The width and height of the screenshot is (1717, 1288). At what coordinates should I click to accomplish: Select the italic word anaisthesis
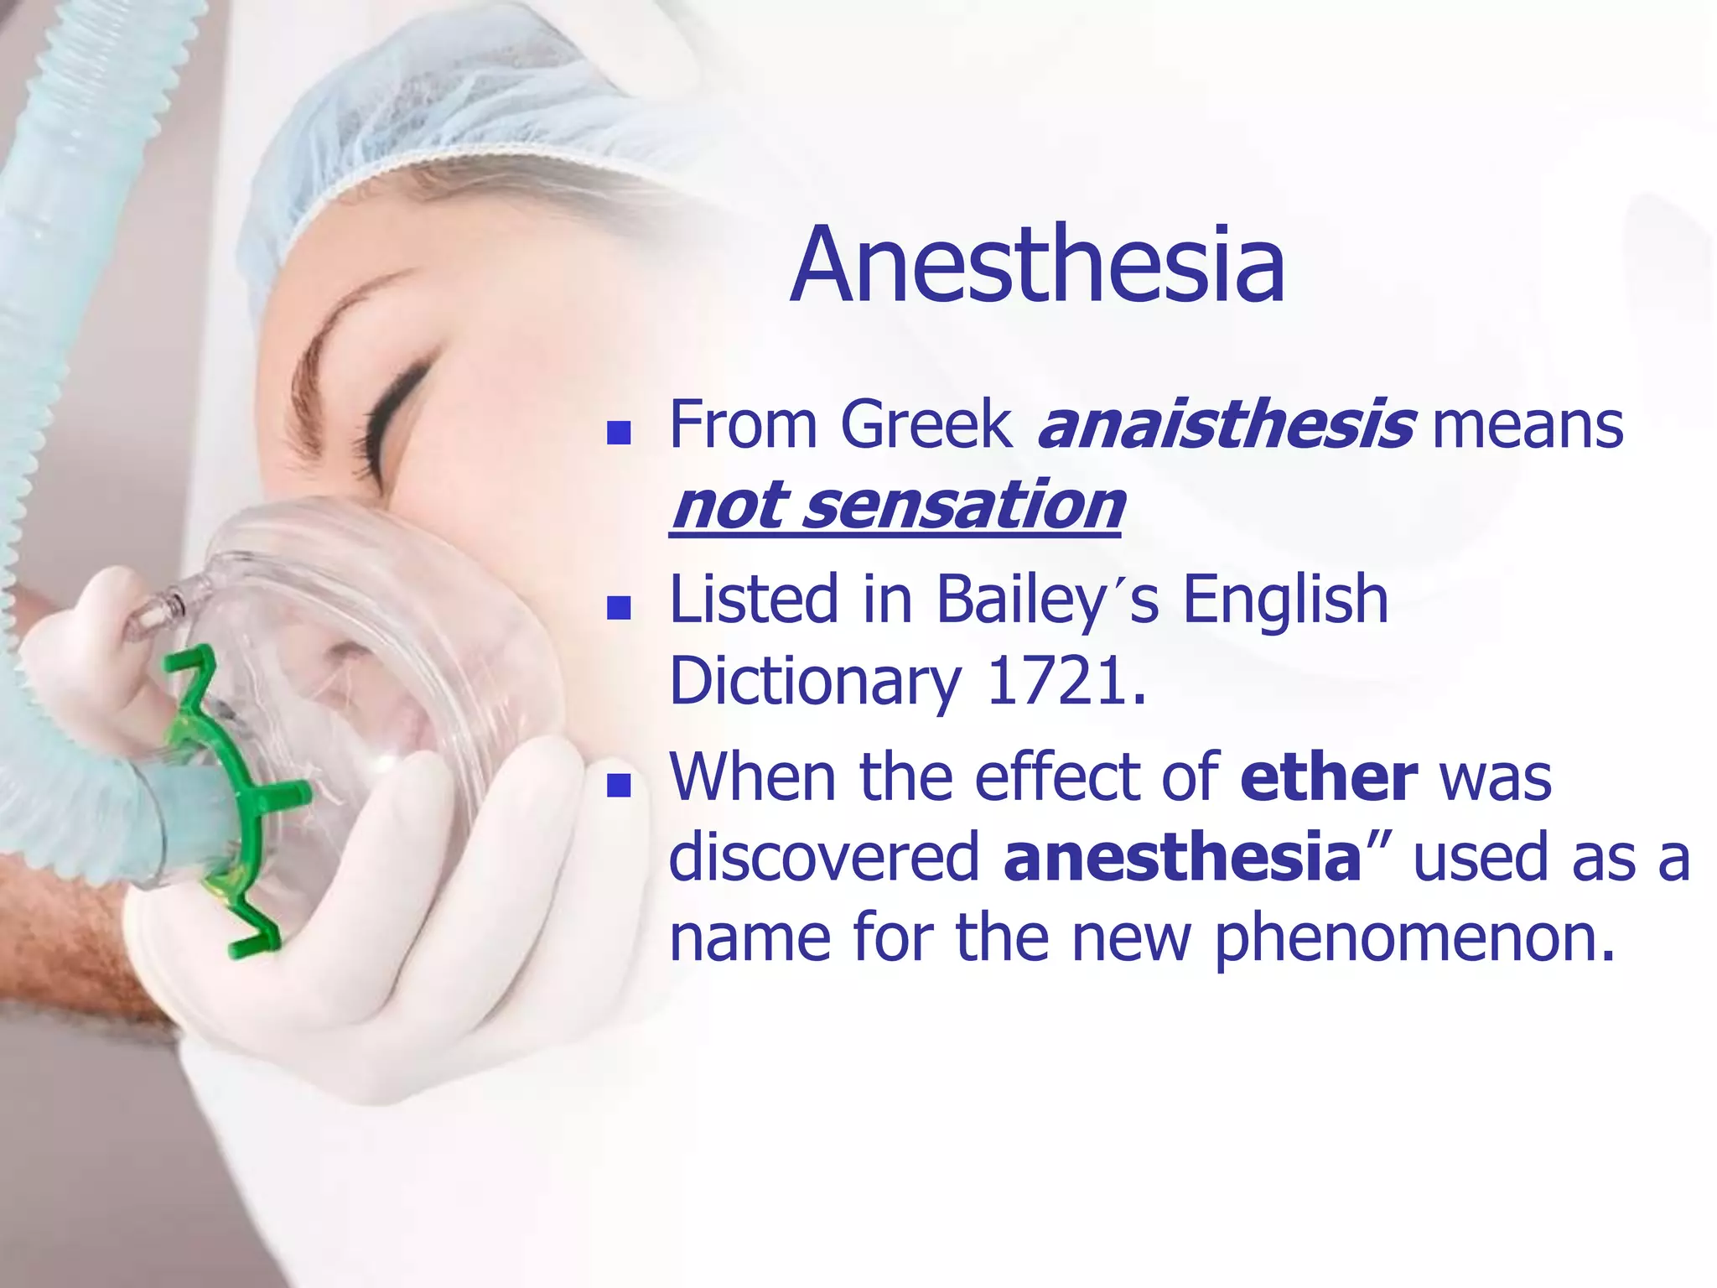pos(1226,425)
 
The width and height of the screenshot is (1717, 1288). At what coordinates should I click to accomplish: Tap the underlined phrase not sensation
pos(896,506)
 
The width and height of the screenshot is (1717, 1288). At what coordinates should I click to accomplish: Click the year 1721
pos(1066,681)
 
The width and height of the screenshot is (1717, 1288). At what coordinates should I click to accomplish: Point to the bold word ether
pos(1329,777)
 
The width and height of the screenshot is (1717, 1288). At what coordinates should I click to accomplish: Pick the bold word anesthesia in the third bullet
pos(1182,857)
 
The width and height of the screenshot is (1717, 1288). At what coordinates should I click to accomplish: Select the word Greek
pos(926,425)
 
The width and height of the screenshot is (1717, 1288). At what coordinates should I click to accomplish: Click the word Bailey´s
pos(1047,600)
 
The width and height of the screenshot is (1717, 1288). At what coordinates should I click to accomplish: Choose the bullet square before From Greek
pos(619,433)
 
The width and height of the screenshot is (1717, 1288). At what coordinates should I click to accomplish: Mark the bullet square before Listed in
pos(619,607)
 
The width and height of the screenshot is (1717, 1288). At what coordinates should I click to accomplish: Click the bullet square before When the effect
pos(619,785)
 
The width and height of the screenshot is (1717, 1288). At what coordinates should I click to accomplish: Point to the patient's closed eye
pos(394,419)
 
